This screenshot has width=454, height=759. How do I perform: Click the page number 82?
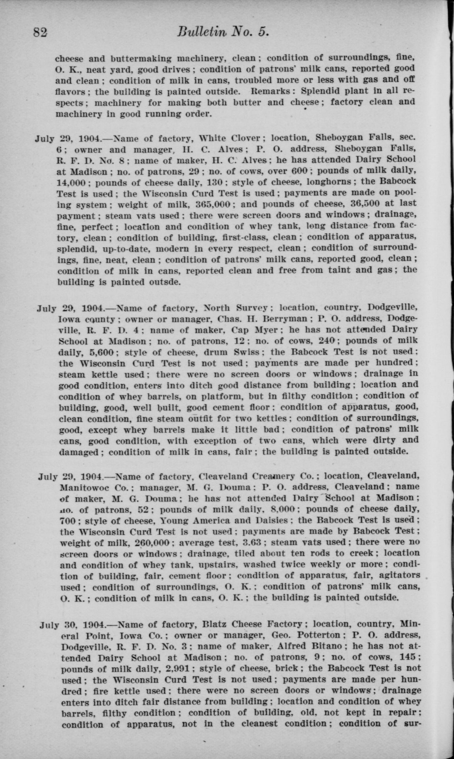coord(40,33)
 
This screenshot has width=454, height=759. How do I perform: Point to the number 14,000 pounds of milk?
coord(71,183)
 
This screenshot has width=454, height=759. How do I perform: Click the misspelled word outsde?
coord(160,282)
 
